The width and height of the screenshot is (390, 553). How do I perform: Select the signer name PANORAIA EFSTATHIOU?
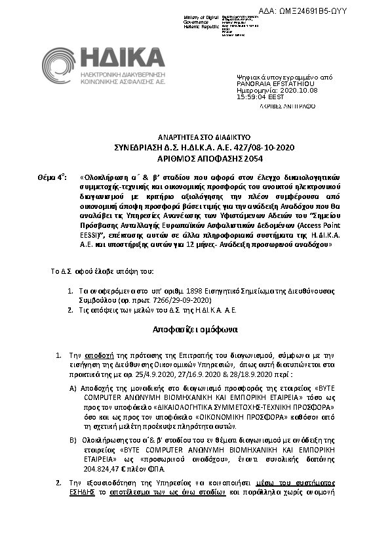tap(265, 83)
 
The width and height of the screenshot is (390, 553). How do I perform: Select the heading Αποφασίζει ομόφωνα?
tap(195, 327)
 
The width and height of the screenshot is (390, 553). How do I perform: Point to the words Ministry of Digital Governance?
tap(199, 20)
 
